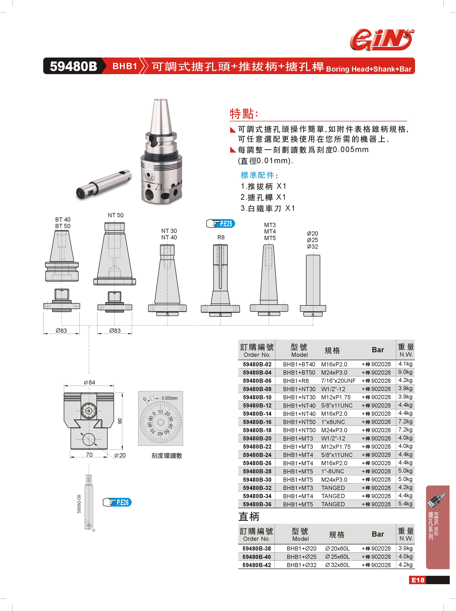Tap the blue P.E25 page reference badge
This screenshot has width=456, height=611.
coord(221,224)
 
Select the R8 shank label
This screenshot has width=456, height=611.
coord(221,237)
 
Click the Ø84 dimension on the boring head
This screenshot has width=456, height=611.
coord(89,382)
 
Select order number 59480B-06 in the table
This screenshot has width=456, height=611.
coord(257,381)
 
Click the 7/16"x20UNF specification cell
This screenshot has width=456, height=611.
coord(338,381)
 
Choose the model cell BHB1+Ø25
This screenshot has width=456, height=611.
coord(302,557)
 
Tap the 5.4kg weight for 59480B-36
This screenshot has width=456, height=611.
coord(405,504)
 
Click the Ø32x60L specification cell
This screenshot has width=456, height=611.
coord(337,565)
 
